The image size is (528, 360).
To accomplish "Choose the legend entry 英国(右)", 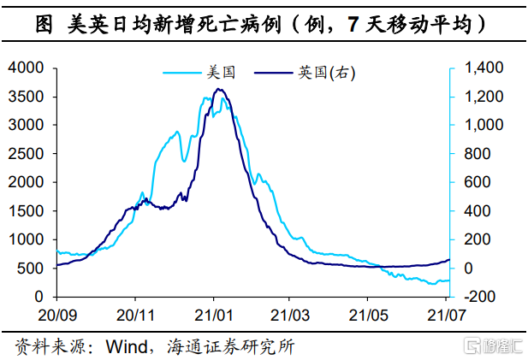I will (x=326, y=74).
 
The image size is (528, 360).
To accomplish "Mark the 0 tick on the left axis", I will (x=40, y=296).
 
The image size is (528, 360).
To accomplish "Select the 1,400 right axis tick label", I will (x=481, y=68).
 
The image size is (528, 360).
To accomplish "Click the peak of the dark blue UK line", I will (x=219, y=89).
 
